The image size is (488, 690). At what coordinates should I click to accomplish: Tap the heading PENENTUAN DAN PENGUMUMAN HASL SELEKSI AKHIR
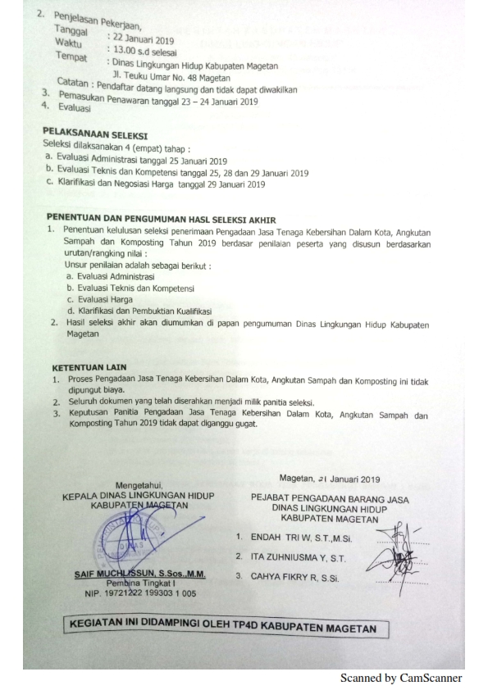tap(162, 219)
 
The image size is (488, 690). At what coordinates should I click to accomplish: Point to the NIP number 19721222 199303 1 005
tap(137, 592)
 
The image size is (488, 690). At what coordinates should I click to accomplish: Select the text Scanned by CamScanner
tap(401, 678)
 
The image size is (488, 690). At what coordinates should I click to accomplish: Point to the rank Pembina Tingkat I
tap(136, 583)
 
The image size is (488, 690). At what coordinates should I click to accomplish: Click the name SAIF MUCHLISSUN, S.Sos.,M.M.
tap(139, 574)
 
